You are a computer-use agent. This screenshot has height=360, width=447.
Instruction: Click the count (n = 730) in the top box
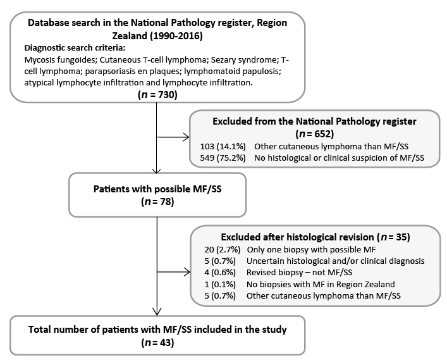(x=157, y=94)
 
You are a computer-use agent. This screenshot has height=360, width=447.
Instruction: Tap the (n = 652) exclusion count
(x=315, y=133)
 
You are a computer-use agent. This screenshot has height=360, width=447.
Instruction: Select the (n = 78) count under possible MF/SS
(x=157, y=201)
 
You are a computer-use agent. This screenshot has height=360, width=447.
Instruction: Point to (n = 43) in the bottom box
(x=157, y=342)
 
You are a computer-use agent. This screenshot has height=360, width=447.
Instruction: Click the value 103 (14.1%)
(x=223, y=146)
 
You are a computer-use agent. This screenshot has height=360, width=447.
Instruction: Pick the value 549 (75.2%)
(x=223, y=158)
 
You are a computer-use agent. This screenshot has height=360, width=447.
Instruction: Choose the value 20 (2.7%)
(x=223, y=250)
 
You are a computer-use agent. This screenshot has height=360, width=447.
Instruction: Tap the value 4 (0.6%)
(x=220, y=273)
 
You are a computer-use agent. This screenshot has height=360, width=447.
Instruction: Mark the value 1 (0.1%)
(x=220, y=284)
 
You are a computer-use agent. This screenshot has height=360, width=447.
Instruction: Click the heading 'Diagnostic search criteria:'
(x=75, y=47)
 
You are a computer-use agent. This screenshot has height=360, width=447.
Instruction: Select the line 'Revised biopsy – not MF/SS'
(x=299, y=273)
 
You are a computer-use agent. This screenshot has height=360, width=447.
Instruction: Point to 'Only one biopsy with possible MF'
(x=311, y=250)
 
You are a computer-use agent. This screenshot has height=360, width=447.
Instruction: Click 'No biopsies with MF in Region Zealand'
(x=321, y=284)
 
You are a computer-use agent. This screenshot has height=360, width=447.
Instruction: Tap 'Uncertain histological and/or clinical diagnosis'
(x=336, y=261)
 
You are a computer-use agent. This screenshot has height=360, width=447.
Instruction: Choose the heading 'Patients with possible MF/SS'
(x=157, y=189)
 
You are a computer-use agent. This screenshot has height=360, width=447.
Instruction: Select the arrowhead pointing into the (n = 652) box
(x=186, y=137)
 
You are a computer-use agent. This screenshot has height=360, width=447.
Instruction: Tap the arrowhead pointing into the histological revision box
(x=187, y=272)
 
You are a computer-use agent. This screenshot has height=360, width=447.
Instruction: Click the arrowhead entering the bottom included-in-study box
(x=157, y=312)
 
